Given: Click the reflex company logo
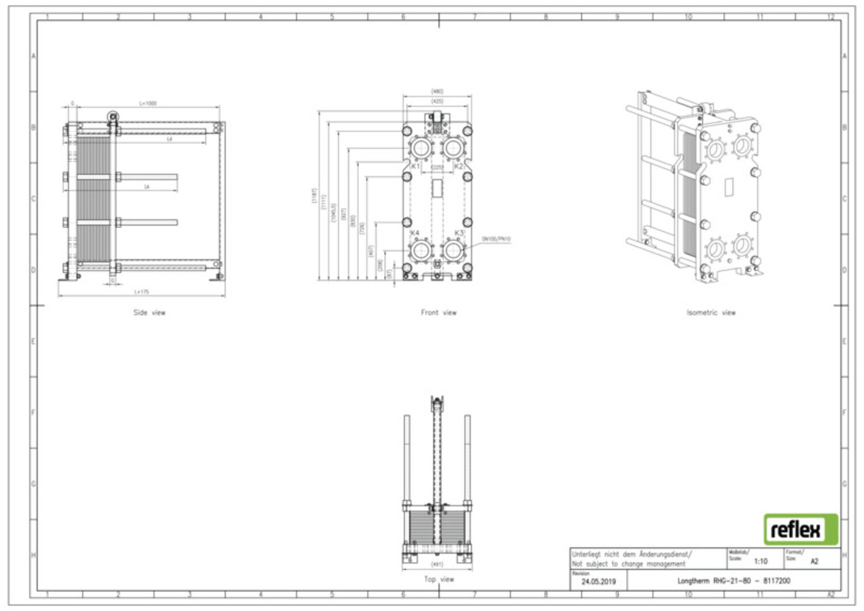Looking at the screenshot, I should (801, 529).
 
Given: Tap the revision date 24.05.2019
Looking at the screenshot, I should (598, 582).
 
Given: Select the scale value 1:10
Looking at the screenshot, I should (760, 561).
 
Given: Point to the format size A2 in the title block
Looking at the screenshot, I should (814, 561).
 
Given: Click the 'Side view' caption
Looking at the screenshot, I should (149, 313).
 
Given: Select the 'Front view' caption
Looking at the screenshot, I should (438, 313).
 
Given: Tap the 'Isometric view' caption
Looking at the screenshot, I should (711, 313).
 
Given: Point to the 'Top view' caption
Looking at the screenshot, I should (438, 579).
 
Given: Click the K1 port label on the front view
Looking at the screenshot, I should (415, 166).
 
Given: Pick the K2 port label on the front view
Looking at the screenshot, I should (458, 166).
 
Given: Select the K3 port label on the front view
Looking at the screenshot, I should (459, 233).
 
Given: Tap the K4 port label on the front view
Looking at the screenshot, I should (415, 233).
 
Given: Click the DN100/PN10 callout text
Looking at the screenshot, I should (496, 239).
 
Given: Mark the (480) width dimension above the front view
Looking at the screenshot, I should (437, 91).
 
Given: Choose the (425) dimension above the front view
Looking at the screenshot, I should (437, 101).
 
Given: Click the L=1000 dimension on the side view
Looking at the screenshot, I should (147, 104).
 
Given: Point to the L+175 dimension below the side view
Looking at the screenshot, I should (142, 292).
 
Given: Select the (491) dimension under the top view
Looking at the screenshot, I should (437, 565).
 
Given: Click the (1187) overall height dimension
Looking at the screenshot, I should (314, 196).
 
